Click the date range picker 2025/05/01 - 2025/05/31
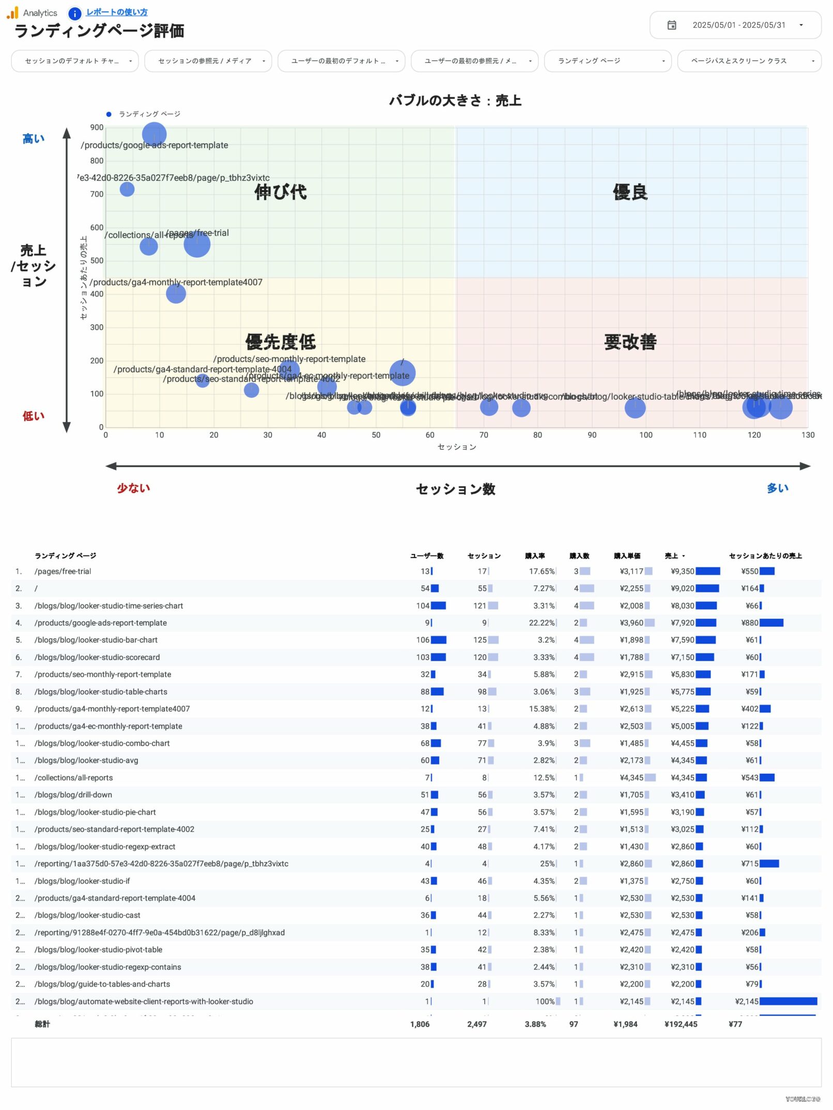(735, 25)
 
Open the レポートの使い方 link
(116, 12)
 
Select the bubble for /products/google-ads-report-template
(154, 134)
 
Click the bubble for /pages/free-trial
(197, 244)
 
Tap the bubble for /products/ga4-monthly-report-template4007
(176, 294)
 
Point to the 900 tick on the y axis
(97, 128)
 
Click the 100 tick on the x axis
(645, 435)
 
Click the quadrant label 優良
(630, 192)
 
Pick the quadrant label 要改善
(630, 342)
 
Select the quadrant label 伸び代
(280, 192)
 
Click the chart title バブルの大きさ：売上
(455, 101)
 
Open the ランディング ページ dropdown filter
(608, 61)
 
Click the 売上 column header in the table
(671, 556)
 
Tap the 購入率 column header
(535, 556)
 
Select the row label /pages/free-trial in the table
(63, 571)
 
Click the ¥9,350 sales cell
(682, 571)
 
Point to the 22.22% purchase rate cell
(541, 623)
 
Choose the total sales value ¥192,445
(681, 1024)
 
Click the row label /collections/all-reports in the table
(73, 778)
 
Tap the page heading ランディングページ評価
(99, 31)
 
